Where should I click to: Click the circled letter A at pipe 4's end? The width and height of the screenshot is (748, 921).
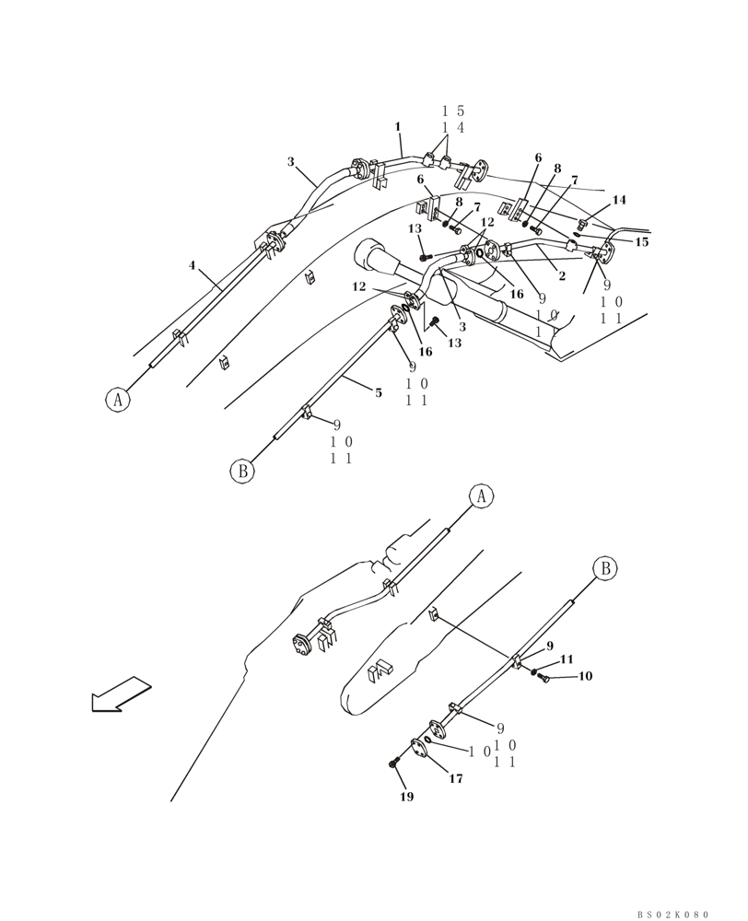click(116, 400)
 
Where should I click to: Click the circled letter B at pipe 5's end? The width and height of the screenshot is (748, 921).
click(241, 471)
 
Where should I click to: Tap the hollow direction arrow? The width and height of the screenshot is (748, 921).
click(121, 694)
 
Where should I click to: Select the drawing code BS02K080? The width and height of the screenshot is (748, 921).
click(672, 915)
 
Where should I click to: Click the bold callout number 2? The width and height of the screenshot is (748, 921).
click(562, 276)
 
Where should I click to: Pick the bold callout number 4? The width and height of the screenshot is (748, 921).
click(193, 265)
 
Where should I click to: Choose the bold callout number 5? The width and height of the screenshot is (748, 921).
click(378, 392)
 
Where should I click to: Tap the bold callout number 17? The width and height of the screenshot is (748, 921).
click(456, 778)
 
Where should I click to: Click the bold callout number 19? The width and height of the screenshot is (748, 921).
click(406, 797)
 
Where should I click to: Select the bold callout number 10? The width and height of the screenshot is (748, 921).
click(585, 676)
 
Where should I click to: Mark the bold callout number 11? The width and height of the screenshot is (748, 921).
click(567, 659)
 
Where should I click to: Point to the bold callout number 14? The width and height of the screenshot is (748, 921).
click(619, 200)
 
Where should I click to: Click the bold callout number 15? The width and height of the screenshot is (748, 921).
click(642, 242)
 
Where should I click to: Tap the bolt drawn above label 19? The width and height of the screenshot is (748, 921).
click(394, 764)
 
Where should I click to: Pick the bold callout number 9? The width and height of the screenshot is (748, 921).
click(549, 646)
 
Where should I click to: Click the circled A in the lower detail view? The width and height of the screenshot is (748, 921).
click(480, 495)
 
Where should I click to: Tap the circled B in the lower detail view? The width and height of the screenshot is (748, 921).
click(605, 568)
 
